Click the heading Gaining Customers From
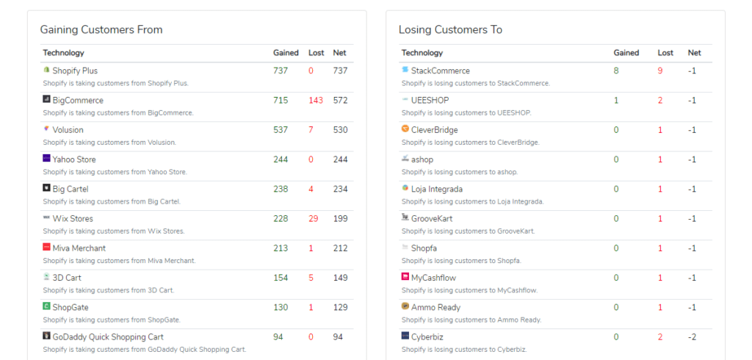(x=101, y=30)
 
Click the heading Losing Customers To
(x=450, y=30)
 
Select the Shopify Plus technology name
(x=75, y=71)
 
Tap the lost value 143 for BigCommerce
(x=316, y=101)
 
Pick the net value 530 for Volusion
(x=340, y=130)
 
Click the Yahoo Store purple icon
(x=46, y=159)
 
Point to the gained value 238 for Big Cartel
(x=281, y=189)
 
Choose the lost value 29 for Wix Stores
(x=314, y=218)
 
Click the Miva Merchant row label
(x=79, y=248)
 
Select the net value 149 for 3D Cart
(x=340, y=278)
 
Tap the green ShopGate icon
(x=46, y=306)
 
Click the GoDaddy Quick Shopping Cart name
(x=108, y=336)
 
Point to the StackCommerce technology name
(x=440, y=71)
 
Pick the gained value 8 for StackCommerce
(x=616, y=71)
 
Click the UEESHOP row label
(x=430, y=100)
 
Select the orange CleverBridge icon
(x=405, y=129)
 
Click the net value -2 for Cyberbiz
(x=693, y=336)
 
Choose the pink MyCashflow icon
(x=405, y=277)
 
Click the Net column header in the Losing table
(x=694, y=53)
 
